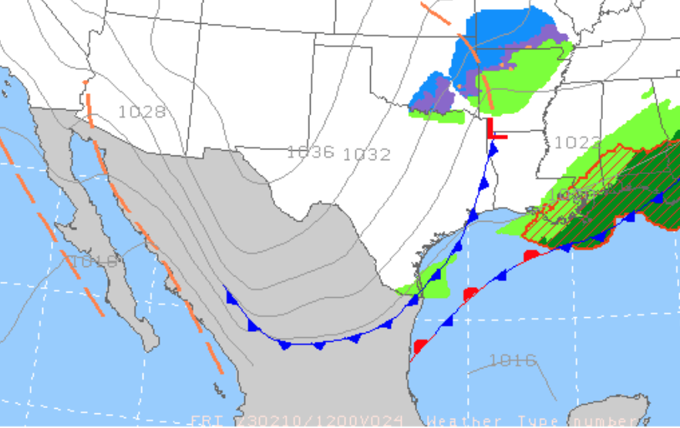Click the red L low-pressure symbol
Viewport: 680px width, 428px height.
click(x=495, y=131)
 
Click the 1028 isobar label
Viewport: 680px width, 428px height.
click(x=142, y=112)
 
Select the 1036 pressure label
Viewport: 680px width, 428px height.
click(x=310, y=152)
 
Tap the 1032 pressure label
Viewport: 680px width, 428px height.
click(x=366, y=154)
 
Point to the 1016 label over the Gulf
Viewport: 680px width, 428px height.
click(x=513, y=359)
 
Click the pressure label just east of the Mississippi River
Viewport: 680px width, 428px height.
click(x=577, y=142)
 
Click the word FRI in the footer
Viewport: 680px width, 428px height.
click(x=204, y=421)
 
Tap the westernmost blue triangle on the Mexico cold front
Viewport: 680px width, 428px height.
click(x=230, y=296)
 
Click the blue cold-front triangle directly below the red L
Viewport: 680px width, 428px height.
click(x=493, y=149)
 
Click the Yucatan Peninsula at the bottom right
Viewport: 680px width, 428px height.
click(x=617, y=412)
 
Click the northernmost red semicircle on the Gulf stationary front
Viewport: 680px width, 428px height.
click(x=531, y=255)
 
